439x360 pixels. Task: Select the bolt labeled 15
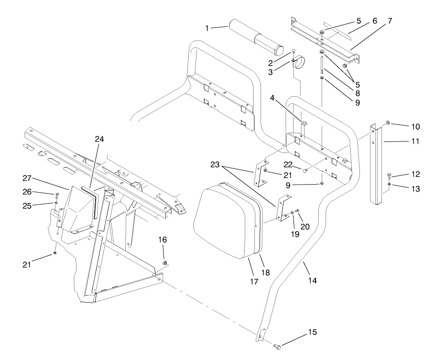[277, 347]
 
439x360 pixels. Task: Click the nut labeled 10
[388, 123]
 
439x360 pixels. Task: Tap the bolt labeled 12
[389, 176]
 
